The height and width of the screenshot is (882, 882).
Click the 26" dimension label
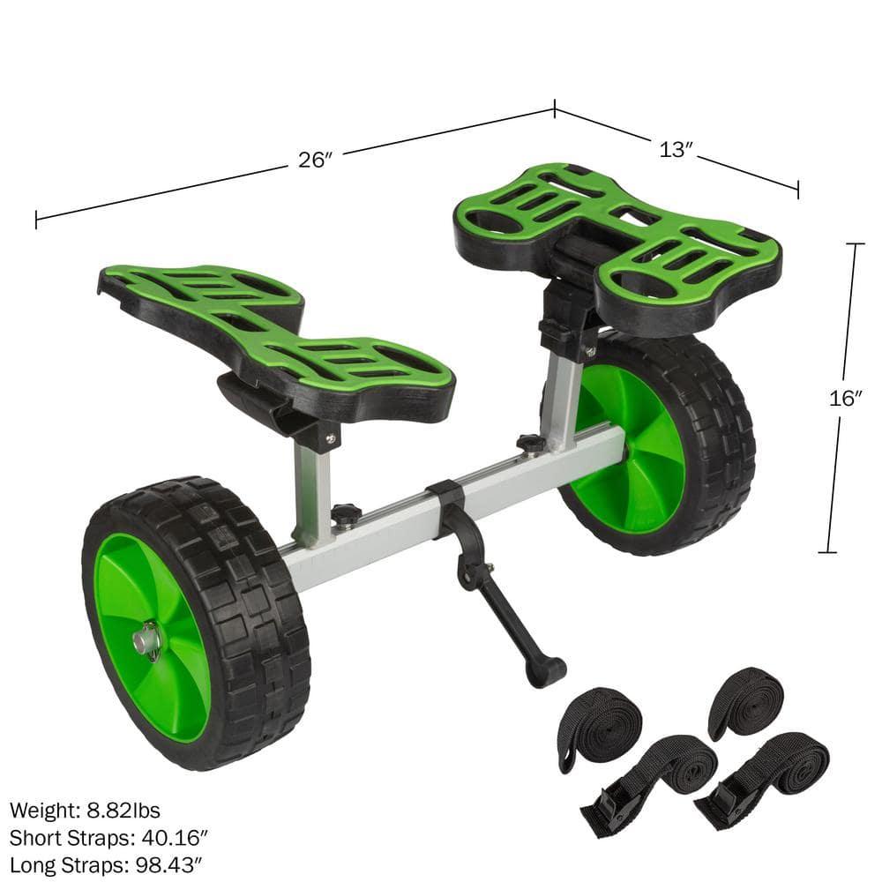point(314,160)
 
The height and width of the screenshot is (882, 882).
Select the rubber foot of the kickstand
point(545,672)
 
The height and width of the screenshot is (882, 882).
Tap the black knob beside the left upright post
point(346,514)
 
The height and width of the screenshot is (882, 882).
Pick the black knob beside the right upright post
point(530,443)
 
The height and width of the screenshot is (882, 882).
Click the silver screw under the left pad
point(330,436)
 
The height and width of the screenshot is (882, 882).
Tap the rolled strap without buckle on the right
point(745,702)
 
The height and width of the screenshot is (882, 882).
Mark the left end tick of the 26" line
point(36,219)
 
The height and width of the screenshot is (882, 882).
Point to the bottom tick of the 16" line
point(826,552)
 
